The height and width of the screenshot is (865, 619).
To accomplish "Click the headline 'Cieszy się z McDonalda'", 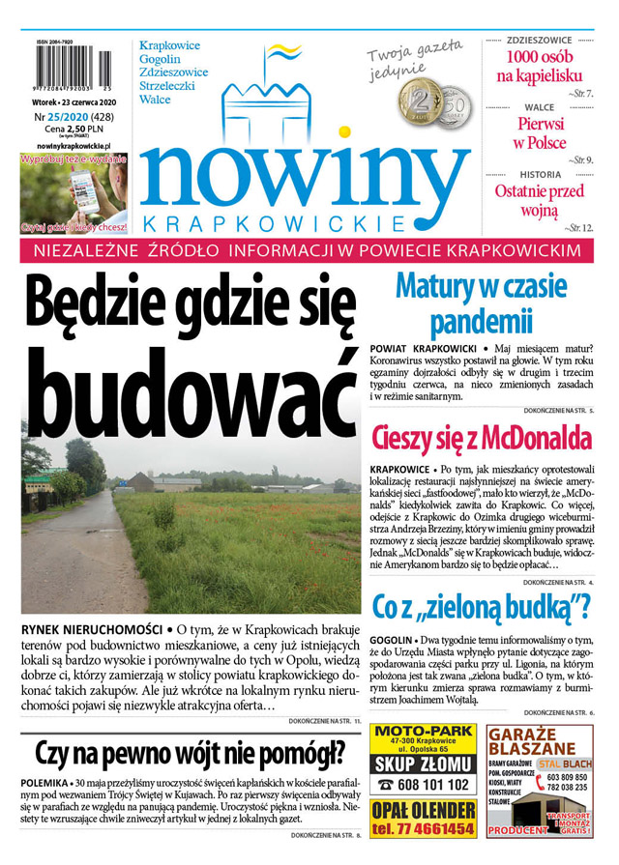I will tap(481, 438).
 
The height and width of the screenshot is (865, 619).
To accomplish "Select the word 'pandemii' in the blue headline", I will tap(481, 320).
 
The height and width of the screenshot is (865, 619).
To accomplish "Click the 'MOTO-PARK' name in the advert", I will tap(423, 731).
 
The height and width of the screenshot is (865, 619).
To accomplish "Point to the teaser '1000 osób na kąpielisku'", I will tap(540, 66).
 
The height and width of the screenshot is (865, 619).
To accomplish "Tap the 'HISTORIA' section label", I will tap(540, 174).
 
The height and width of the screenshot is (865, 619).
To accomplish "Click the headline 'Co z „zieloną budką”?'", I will tap(481, 606).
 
